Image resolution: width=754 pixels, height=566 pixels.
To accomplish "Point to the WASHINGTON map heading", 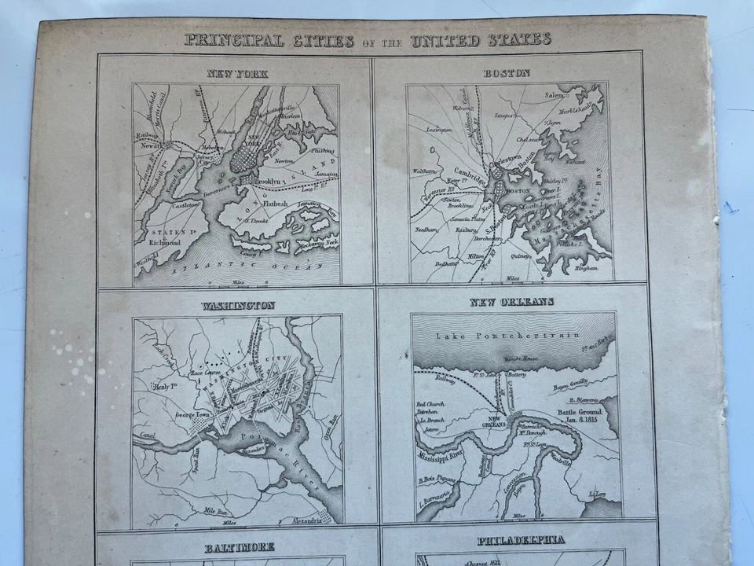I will click(237, 305).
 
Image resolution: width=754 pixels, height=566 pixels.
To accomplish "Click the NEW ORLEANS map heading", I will click(512, 302).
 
